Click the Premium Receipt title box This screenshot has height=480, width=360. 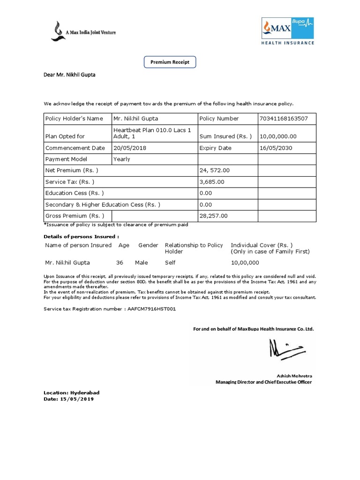pyautogui.click(x=169, y=61)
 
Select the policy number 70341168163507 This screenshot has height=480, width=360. pyautogui.click(x=283, y=119)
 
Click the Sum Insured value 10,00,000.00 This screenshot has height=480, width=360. pyautogui.click(x=277, y=136)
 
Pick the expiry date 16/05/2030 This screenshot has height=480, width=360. pyautogui.click(x=274, y=148)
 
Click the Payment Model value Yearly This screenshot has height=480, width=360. pyautogui.click(x=122, y=159)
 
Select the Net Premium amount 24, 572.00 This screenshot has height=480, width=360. pyautogui.click(x=215, y=170)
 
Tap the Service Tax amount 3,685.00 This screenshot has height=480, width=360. pyautogui.click(x=212, y=182)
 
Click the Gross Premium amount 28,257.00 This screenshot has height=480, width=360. pyautogui.click(x=213, y=216)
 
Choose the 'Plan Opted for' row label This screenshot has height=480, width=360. pyautogui.click(x=65, y=136)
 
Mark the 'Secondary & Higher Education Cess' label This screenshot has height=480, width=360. pyautogui.click(x=103, y=204)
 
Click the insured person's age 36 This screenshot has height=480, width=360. pyautogui.click(x=120, y=262)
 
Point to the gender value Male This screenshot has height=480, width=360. pyautogui.click(x=142, y=262)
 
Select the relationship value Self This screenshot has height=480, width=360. pyautogui.click(x=170, y=262)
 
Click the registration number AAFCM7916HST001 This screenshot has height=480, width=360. pyautogui.click(x=151, y=309)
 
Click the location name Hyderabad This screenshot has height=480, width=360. pyautogui.click(x=85, y=392)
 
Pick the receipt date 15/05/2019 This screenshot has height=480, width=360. pyautogui.click(x=77, y=399)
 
